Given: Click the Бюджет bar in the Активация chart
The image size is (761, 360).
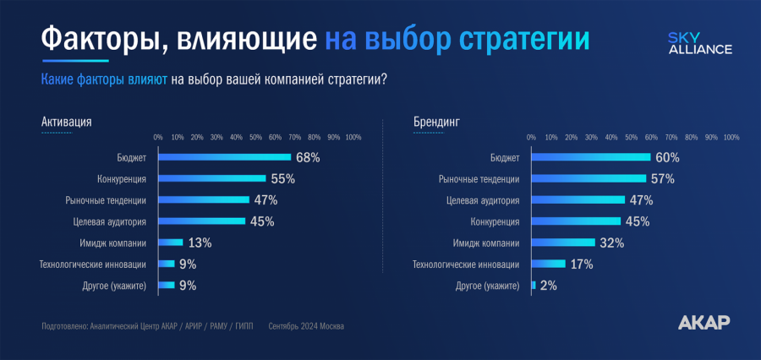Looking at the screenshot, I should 224,157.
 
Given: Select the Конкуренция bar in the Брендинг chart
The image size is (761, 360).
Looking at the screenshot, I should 576,221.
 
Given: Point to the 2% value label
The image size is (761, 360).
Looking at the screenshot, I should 548,286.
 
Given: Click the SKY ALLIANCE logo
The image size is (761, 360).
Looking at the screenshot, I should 699,43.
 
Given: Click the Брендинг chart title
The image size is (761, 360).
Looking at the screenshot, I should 436,122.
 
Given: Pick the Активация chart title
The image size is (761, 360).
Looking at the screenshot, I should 66,122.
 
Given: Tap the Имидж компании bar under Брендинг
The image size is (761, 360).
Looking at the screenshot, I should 563,243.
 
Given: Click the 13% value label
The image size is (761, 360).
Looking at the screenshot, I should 200,243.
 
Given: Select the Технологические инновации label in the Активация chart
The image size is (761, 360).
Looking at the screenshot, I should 93,265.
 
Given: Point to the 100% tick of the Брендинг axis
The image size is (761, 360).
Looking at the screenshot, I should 731,137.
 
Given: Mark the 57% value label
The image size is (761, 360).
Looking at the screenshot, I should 662,178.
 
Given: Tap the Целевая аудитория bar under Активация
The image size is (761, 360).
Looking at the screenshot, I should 201,221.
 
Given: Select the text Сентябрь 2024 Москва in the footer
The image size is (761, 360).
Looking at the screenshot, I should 306,325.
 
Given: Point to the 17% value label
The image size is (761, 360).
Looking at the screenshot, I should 582,265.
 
